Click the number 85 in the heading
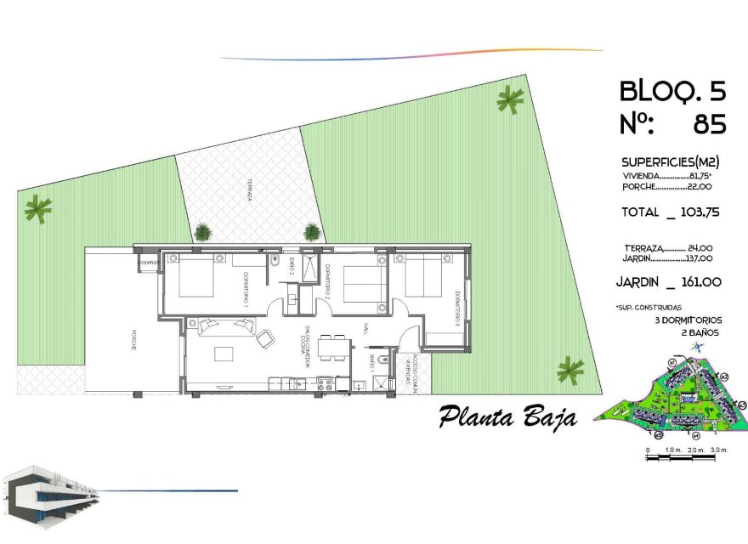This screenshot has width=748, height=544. pyautogui.click(x=710, y=125)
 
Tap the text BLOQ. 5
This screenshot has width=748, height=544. pyautogui.click(x=672, y=90)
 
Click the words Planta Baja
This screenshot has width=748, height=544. pyautogui.click(x=508, y=417)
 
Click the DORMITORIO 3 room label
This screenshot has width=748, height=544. pyautogui.click(x=456, y=309)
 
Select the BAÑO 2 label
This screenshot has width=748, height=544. pyautogui.click(x=290, y=267)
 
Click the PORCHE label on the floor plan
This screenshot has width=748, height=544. pyautogui.click(x=133, y=341)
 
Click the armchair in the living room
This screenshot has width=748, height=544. pyautogui.click(x=264, y=337)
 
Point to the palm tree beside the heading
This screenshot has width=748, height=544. pyautogui.click(x=510, y=101)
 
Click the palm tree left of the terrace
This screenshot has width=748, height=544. pyautogui.click(x=38, y=207)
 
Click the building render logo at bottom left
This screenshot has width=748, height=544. pyautogui.click(x=51, y=494)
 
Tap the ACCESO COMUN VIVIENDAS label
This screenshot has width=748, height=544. pyautogui.click(x=411, y=371)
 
